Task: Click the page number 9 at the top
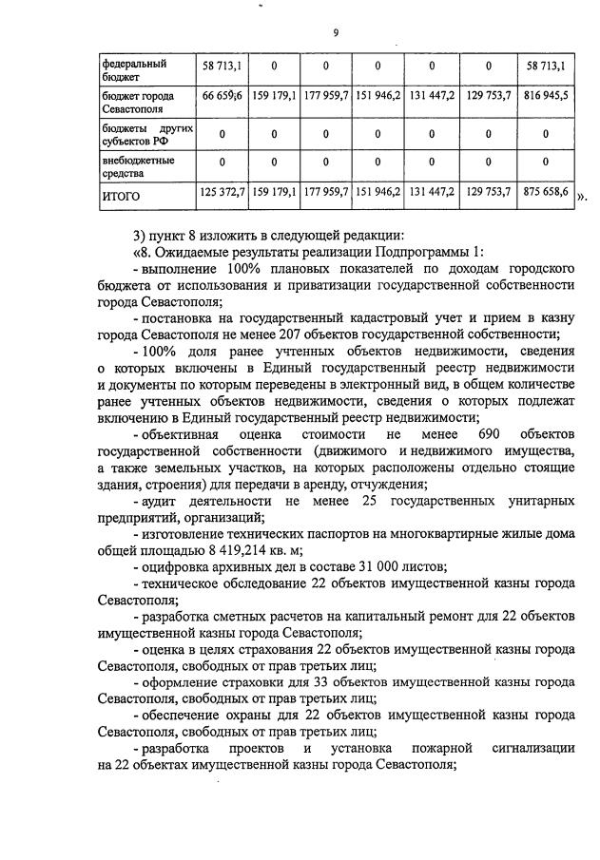(336, 34)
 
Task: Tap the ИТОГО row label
(121, 197)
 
